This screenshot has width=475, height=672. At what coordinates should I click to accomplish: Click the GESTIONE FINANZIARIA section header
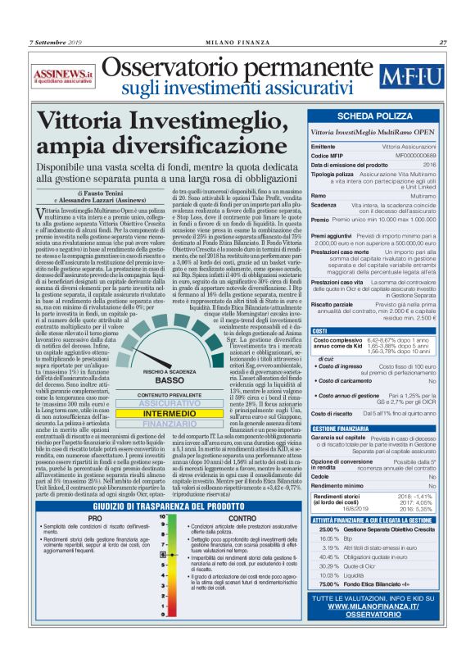pyautogui.click(x=345, y=429)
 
